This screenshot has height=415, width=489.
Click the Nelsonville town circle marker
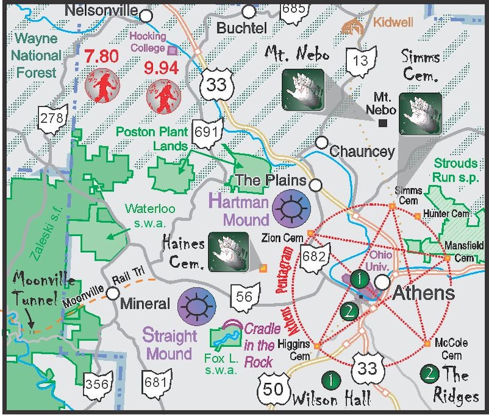pos(146,15)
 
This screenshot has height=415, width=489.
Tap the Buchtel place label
pos(241,28)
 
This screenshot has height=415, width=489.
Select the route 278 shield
pos(52,119)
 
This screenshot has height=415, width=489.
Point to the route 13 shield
pos(361,60)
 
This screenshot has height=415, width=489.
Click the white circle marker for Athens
pos(382,282)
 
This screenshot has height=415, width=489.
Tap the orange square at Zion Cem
pos(310,233)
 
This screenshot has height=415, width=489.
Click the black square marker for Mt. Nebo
pos(383,124)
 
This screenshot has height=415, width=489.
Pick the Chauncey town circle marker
pos(321,143)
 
